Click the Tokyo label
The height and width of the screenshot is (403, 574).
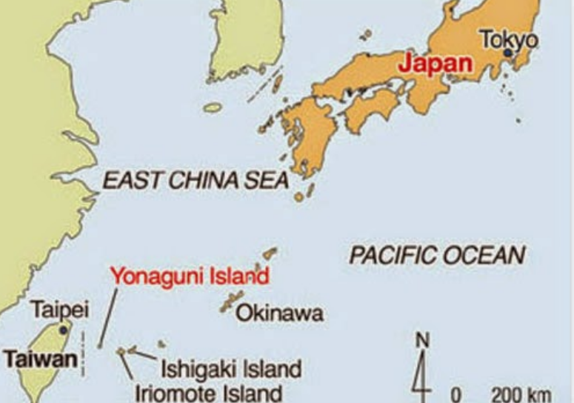click(x=509, y=39)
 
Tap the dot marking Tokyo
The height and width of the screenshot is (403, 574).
click(x=508, y=53)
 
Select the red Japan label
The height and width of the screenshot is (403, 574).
click(x=435, y=63)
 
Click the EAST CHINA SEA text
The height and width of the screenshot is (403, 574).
click(x=195, y=180)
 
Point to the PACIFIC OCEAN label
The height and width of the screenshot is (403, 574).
click(x=437, y=256)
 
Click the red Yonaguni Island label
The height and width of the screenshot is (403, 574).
click(x=189, y=277)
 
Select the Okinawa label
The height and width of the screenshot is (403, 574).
click(x=279, y=314)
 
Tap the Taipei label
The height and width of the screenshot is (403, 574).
click(x=59, y=310)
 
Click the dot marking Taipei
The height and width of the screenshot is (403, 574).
click(x=64, y=329)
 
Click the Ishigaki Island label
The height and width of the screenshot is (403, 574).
click(x=231, y=368)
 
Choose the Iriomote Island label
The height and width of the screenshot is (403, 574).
click(x=208, y=392)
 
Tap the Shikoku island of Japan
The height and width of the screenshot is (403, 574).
click(x=370, y=111)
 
